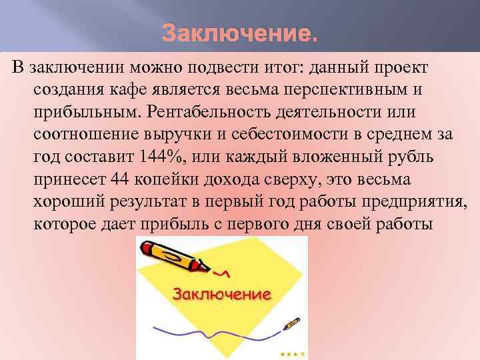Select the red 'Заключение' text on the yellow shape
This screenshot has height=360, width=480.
pyautogui.click(x=223, y=293)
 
